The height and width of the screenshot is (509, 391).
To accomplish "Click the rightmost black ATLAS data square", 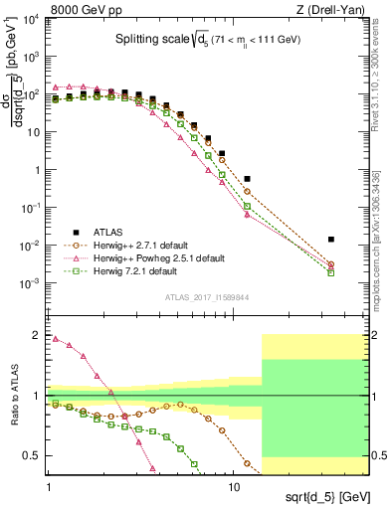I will [331, 240].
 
